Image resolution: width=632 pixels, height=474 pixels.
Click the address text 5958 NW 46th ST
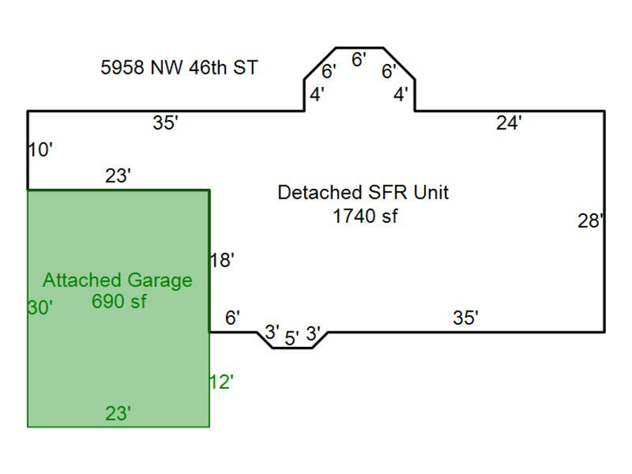179,68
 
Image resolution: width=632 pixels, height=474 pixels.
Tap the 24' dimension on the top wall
508,124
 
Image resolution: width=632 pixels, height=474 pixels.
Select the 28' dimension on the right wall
590,221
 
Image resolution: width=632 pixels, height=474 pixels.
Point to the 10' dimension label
41,150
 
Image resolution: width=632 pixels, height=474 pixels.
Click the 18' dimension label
221,261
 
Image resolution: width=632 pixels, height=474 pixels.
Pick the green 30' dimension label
40,308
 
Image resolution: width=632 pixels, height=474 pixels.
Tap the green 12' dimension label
221,383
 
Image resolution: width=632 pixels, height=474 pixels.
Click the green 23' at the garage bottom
118,414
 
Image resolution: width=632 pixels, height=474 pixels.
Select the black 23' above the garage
118,176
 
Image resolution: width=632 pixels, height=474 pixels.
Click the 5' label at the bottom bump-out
291,338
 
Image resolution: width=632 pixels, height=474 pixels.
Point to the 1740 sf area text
364,216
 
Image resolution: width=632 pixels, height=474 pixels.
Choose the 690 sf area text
119,302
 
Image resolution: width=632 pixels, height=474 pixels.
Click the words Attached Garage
117,280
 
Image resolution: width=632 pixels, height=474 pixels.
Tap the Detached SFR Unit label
363,192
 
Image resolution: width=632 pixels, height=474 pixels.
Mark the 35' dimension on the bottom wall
465,318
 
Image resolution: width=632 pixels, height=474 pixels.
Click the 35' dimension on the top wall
166,124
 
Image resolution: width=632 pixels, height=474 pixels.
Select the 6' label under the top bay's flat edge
358,60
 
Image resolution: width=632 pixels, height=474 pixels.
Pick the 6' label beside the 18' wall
232,318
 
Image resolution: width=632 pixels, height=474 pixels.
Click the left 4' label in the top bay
317,95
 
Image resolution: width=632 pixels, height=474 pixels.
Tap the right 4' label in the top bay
400,95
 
